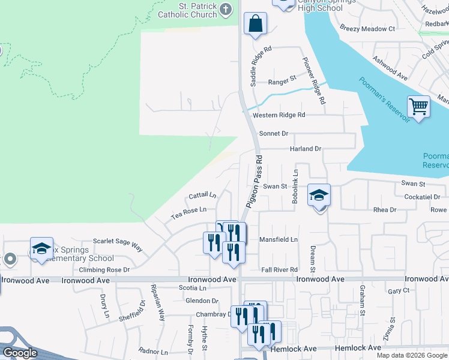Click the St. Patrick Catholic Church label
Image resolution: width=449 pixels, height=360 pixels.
[x=187, y=10]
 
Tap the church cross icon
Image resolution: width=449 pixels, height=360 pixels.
[x=226, y=9]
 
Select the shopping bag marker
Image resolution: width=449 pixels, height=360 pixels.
[x=255, y=24]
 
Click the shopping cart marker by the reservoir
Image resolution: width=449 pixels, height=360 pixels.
[x=418, y=107]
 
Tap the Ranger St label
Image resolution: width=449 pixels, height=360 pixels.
[x=282, y=79]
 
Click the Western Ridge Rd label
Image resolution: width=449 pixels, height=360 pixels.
[x=279, y=115]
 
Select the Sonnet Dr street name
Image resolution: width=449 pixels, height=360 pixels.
[x=274, y=133]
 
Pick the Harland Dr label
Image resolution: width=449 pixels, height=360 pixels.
[x=306, y=148]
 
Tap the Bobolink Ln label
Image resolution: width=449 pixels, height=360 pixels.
[x=295, y=185]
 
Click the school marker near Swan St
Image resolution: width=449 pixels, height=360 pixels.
[x=319, y=196]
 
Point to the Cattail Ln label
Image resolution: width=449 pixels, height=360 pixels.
[x=202, y=195]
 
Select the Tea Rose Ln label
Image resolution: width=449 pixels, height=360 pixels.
[x=188, y=209]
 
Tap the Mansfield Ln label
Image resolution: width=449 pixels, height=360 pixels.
[x=278, y=239]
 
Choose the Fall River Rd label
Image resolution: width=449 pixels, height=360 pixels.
[x=279, y=270]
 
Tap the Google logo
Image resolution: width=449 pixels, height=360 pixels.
[x=19, y=353]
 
